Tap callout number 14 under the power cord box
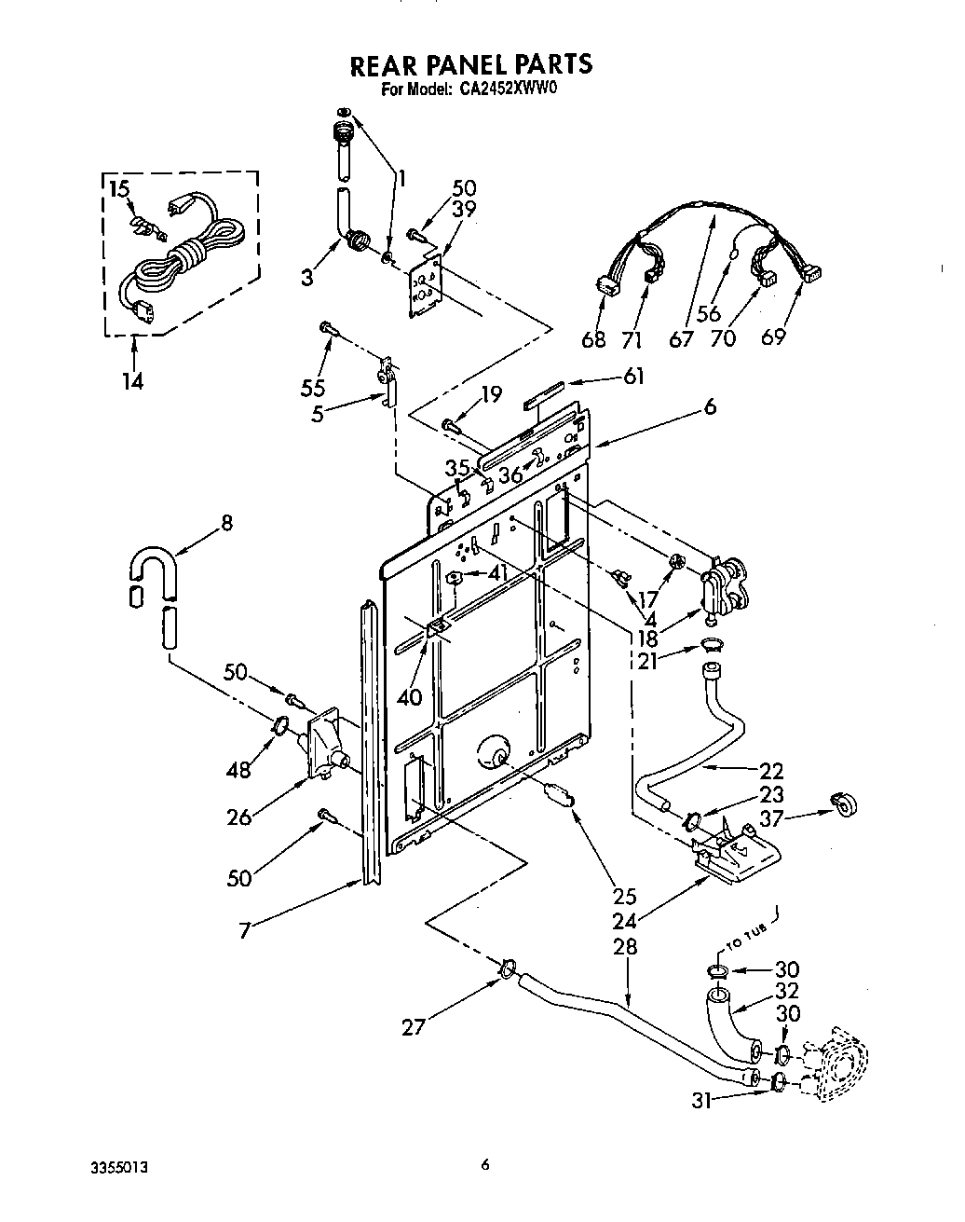(x=133, y=380)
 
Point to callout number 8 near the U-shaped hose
(x=226, y=523)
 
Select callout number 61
(x=633, y=377)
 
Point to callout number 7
(x=244, y=929)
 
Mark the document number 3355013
(x=116, y=1167)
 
